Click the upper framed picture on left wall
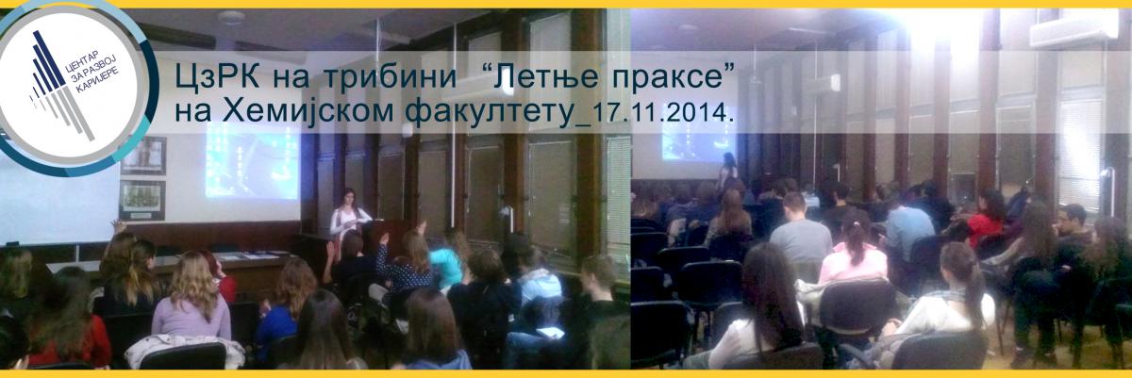pos(143,156)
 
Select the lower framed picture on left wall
pos(142,200)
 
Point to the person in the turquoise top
pos(445,264)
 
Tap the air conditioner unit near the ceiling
pos(1073,29)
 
